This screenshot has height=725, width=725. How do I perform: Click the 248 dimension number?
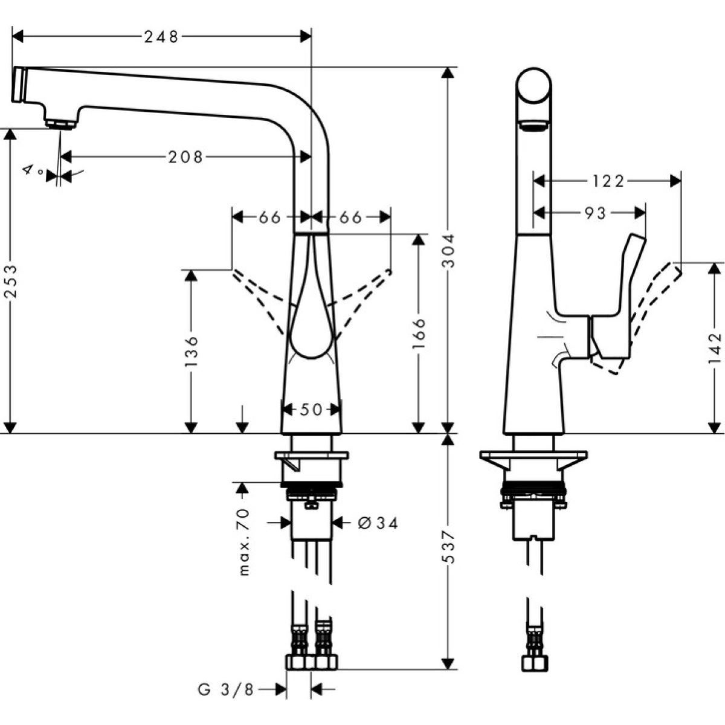(161, 37)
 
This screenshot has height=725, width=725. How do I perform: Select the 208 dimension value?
(185, 157)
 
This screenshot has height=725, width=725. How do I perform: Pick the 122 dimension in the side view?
(607, 181)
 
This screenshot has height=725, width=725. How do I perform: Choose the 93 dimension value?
(595, 213)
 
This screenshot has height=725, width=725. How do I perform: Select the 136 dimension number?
(191, 350)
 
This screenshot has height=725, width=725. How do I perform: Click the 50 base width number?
(311, 410)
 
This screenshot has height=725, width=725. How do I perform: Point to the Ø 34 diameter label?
(378, 523)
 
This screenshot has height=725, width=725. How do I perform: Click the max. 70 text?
(243, 541)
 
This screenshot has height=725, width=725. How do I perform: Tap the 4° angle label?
(33, 171)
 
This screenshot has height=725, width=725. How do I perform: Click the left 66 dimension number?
(270, 217)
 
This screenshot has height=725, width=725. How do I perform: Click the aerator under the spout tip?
(60, 124)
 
